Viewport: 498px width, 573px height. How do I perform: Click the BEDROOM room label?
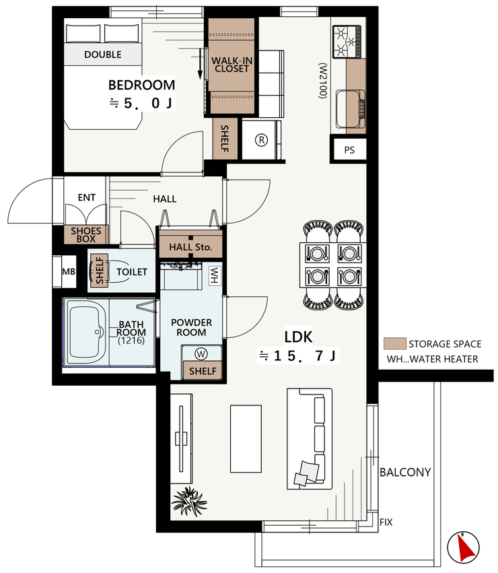141,85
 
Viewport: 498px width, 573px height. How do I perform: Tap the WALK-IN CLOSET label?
232,65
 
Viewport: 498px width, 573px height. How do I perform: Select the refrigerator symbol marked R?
261,139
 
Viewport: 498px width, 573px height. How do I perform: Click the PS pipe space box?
349,150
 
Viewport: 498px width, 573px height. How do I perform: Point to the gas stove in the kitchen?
347,42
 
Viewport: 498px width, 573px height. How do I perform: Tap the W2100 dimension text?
322,81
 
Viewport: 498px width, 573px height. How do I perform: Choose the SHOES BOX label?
86,234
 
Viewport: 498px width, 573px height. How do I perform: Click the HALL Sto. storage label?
190,247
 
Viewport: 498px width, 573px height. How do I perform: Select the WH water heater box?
214,275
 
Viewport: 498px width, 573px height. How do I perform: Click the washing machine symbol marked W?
201,353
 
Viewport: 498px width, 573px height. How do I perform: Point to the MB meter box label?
69,271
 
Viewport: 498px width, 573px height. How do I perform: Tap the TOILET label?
132,272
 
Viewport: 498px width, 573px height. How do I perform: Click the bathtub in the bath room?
87,332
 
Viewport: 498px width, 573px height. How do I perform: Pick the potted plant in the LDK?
189,502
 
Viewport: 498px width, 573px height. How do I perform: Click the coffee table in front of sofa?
246,438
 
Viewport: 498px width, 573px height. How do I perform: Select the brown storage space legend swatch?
394,343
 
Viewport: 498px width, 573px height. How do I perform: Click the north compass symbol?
463,547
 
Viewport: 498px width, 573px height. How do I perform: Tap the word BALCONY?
405,472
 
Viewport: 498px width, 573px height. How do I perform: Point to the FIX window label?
386,522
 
